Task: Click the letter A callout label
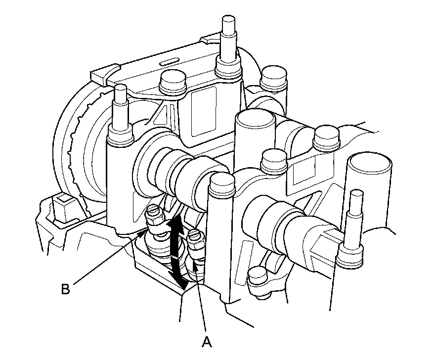click(x=207, y=342)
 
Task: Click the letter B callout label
click(x=65, y=289)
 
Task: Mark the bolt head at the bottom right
click(x=258, y=276)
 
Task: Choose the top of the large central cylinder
click(x=255, y=117)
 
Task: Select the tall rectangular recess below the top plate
click(x=204, y=111)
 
